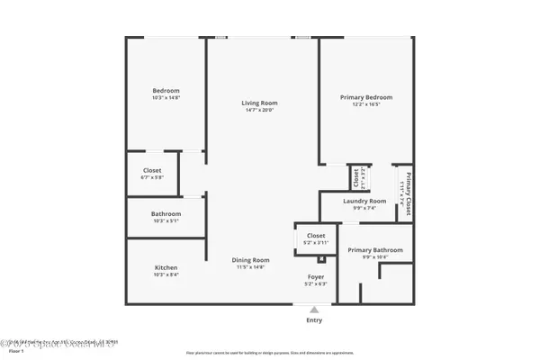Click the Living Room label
[256, 103]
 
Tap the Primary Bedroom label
[366, 97]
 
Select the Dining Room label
[247, 260]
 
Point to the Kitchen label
[166, 267]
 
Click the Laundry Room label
[364, 201]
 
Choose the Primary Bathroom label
[375, 249]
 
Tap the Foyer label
[315, 277]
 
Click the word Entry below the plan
[314, 320]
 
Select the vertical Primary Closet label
[408, 195]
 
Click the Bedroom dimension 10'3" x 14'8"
[166, 97]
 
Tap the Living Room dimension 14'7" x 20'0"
[256, 110]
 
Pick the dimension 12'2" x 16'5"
[366, 104]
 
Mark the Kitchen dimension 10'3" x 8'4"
[166, 274]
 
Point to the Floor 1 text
[15, 350]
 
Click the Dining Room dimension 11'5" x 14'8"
[247, 267]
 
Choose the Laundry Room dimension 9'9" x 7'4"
[364, 208]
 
